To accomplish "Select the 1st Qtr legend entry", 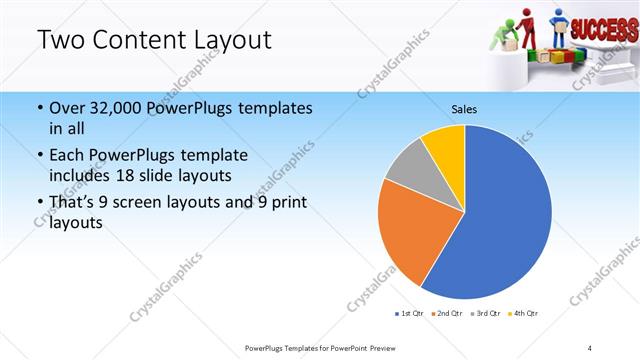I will click(x=410, y=314).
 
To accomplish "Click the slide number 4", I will click(x=589, y=347).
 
